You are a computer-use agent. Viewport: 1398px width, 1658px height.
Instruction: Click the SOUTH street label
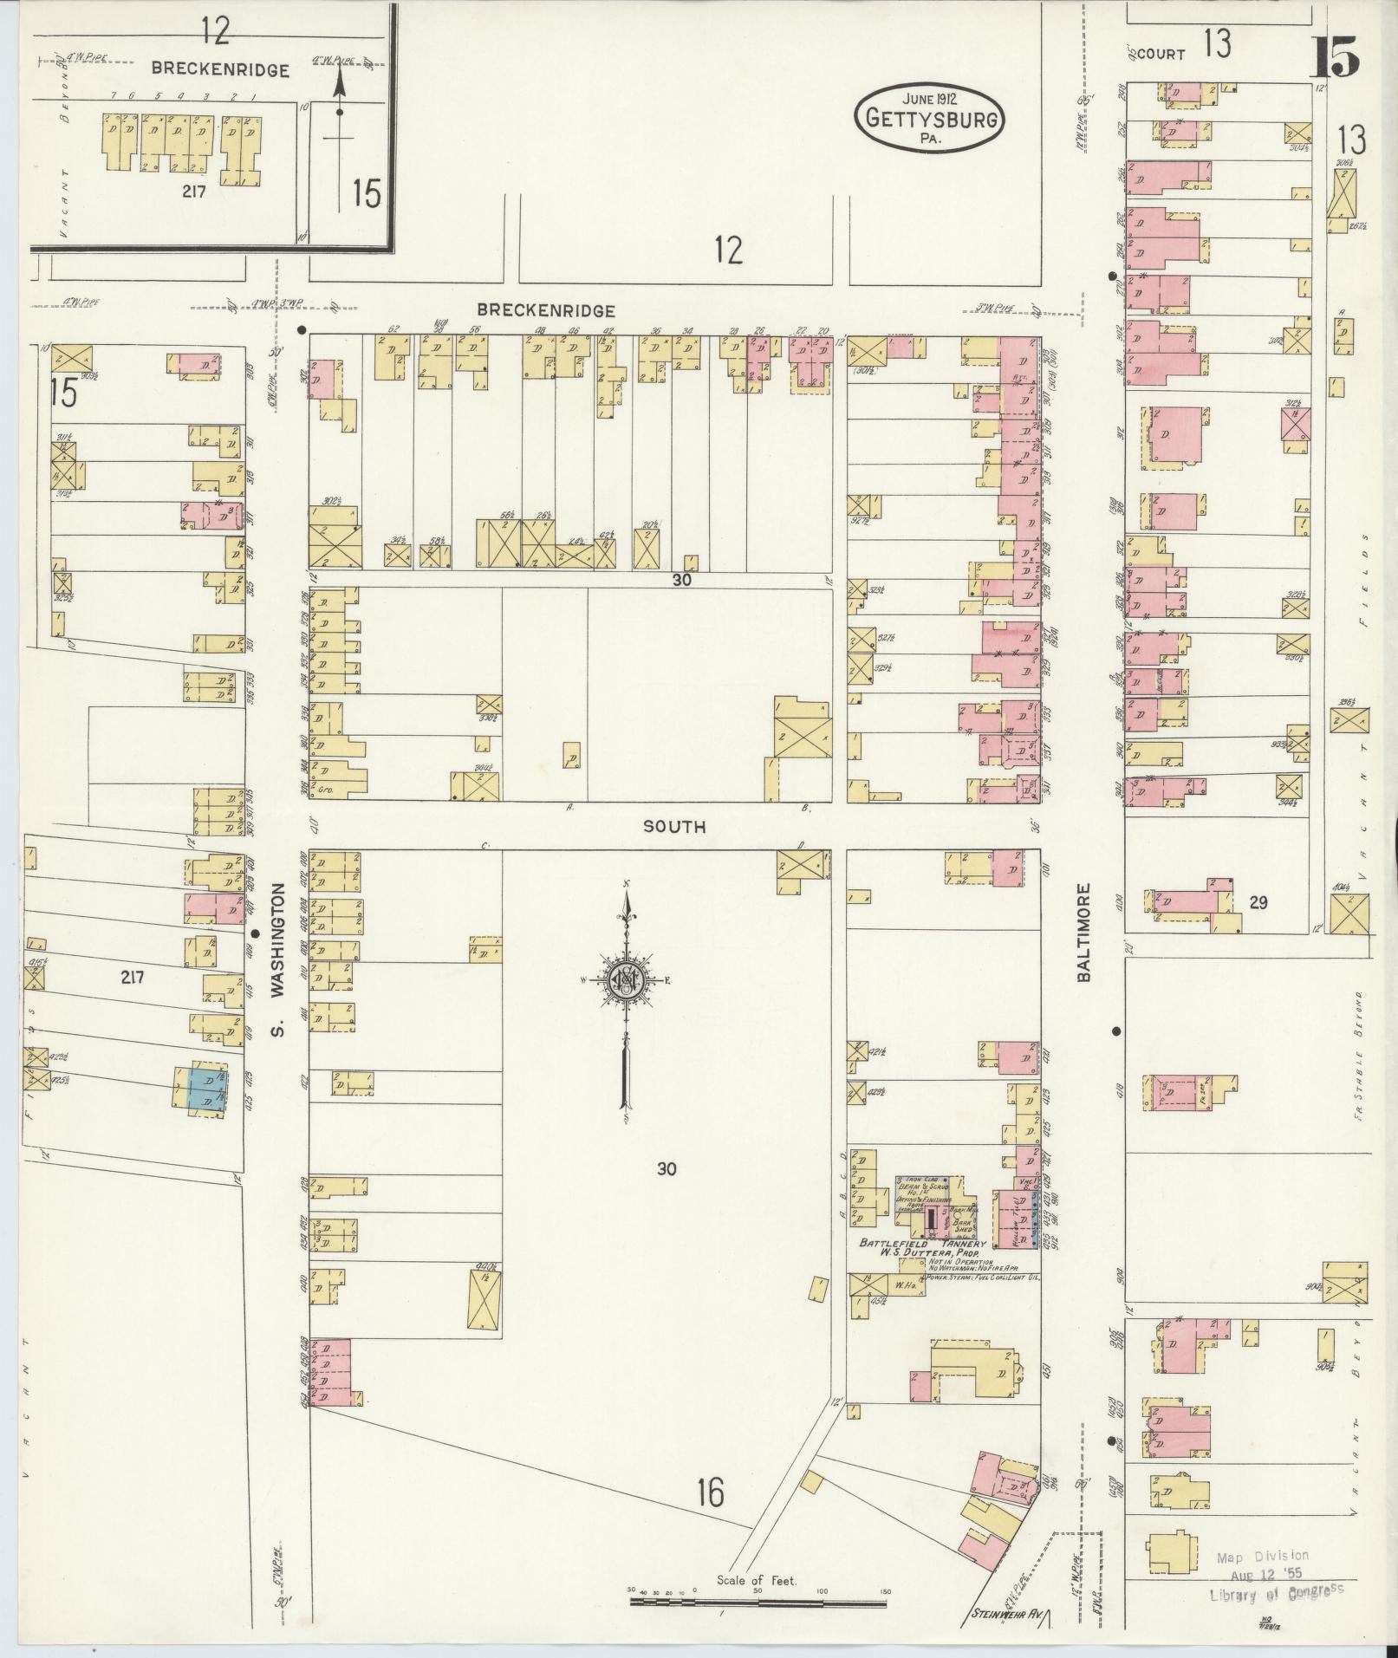tap(673, 827)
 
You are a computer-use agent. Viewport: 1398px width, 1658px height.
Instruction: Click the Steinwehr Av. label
tap(1004, 1615)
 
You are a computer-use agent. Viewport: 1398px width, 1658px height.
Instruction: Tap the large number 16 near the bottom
tap(710, 1492)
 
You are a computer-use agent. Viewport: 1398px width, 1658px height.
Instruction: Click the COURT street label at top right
tap(1160, 54)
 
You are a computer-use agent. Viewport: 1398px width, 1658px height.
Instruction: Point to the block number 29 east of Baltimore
tap(1258, 902)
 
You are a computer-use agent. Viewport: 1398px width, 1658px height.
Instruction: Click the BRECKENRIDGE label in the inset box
tap(220, 70)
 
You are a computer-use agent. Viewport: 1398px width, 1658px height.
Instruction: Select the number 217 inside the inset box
tap(193, 192)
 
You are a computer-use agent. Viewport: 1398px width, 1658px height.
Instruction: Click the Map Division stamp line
tap(1262, 1557)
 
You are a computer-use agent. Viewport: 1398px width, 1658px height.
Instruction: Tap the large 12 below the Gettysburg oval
tap(729, 251)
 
